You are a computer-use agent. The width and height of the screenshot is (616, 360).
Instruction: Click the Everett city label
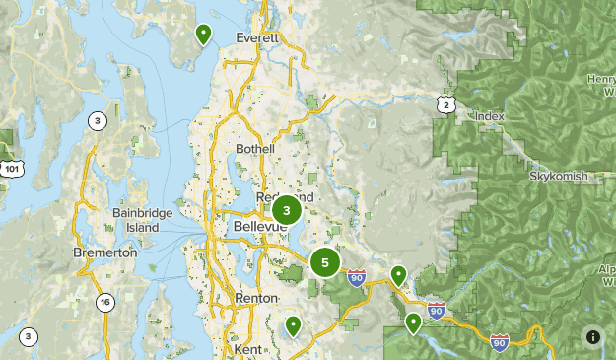pos(258,37)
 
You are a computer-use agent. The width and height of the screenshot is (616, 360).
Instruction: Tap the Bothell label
pos(255,149)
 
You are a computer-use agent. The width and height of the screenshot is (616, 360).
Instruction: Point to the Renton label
pos(256,298)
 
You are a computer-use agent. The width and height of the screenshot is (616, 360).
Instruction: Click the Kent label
pos(248,349)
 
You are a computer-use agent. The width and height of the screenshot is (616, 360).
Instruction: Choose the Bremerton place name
pos(104,252)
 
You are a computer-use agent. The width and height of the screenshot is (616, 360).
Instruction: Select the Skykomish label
pos(558,176)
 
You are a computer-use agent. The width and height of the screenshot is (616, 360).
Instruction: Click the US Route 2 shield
pos(446,104)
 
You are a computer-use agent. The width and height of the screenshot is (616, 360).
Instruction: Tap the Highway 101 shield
pos(11,169)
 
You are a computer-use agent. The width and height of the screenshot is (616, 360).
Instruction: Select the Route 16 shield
pos(104,303)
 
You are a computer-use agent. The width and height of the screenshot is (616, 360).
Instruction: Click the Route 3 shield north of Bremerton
pos(97,121)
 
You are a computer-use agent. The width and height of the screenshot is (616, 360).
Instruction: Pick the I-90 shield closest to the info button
pos(500,341)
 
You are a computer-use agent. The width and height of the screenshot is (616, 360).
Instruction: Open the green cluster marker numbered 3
pos(286,209)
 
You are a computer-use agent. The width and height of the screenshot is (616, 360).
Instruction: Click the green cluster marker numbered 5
pos(324,262)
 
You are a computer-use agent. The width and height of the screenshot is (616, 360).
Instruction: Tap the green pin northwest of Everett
pos(203,35)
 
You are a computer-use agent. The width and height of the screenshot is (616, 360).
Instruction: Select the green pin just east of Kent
pos(293,324)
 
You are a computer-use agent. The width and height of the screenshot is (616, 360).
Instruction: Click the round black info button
pos(592,336)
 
